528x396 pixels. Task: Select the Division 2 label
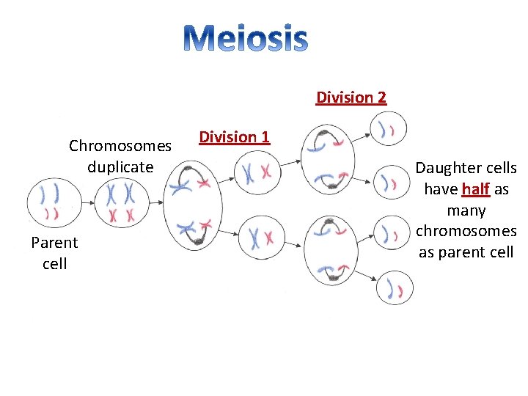pyautogui.click(x=351, y=98)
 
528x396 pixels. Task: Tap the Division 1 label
pyautogui.click(x=234, y=137)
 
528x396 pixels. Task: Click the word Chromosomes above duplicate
pyautogui.click(x=120, y=146)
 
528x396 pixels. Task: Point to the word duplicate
pyautogui.click(x=120, y=166)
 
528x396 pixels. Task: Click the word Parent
pyautogui.click(x=54, y=243)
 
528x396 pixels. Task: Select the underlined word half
pyautogui.click(x=477, y=189)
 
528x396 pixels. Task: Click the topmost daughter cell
pyautogui.click(x=388, y=130)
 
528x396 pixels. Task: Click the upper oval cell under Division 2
pyautogui.click(x=329, y=161)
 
